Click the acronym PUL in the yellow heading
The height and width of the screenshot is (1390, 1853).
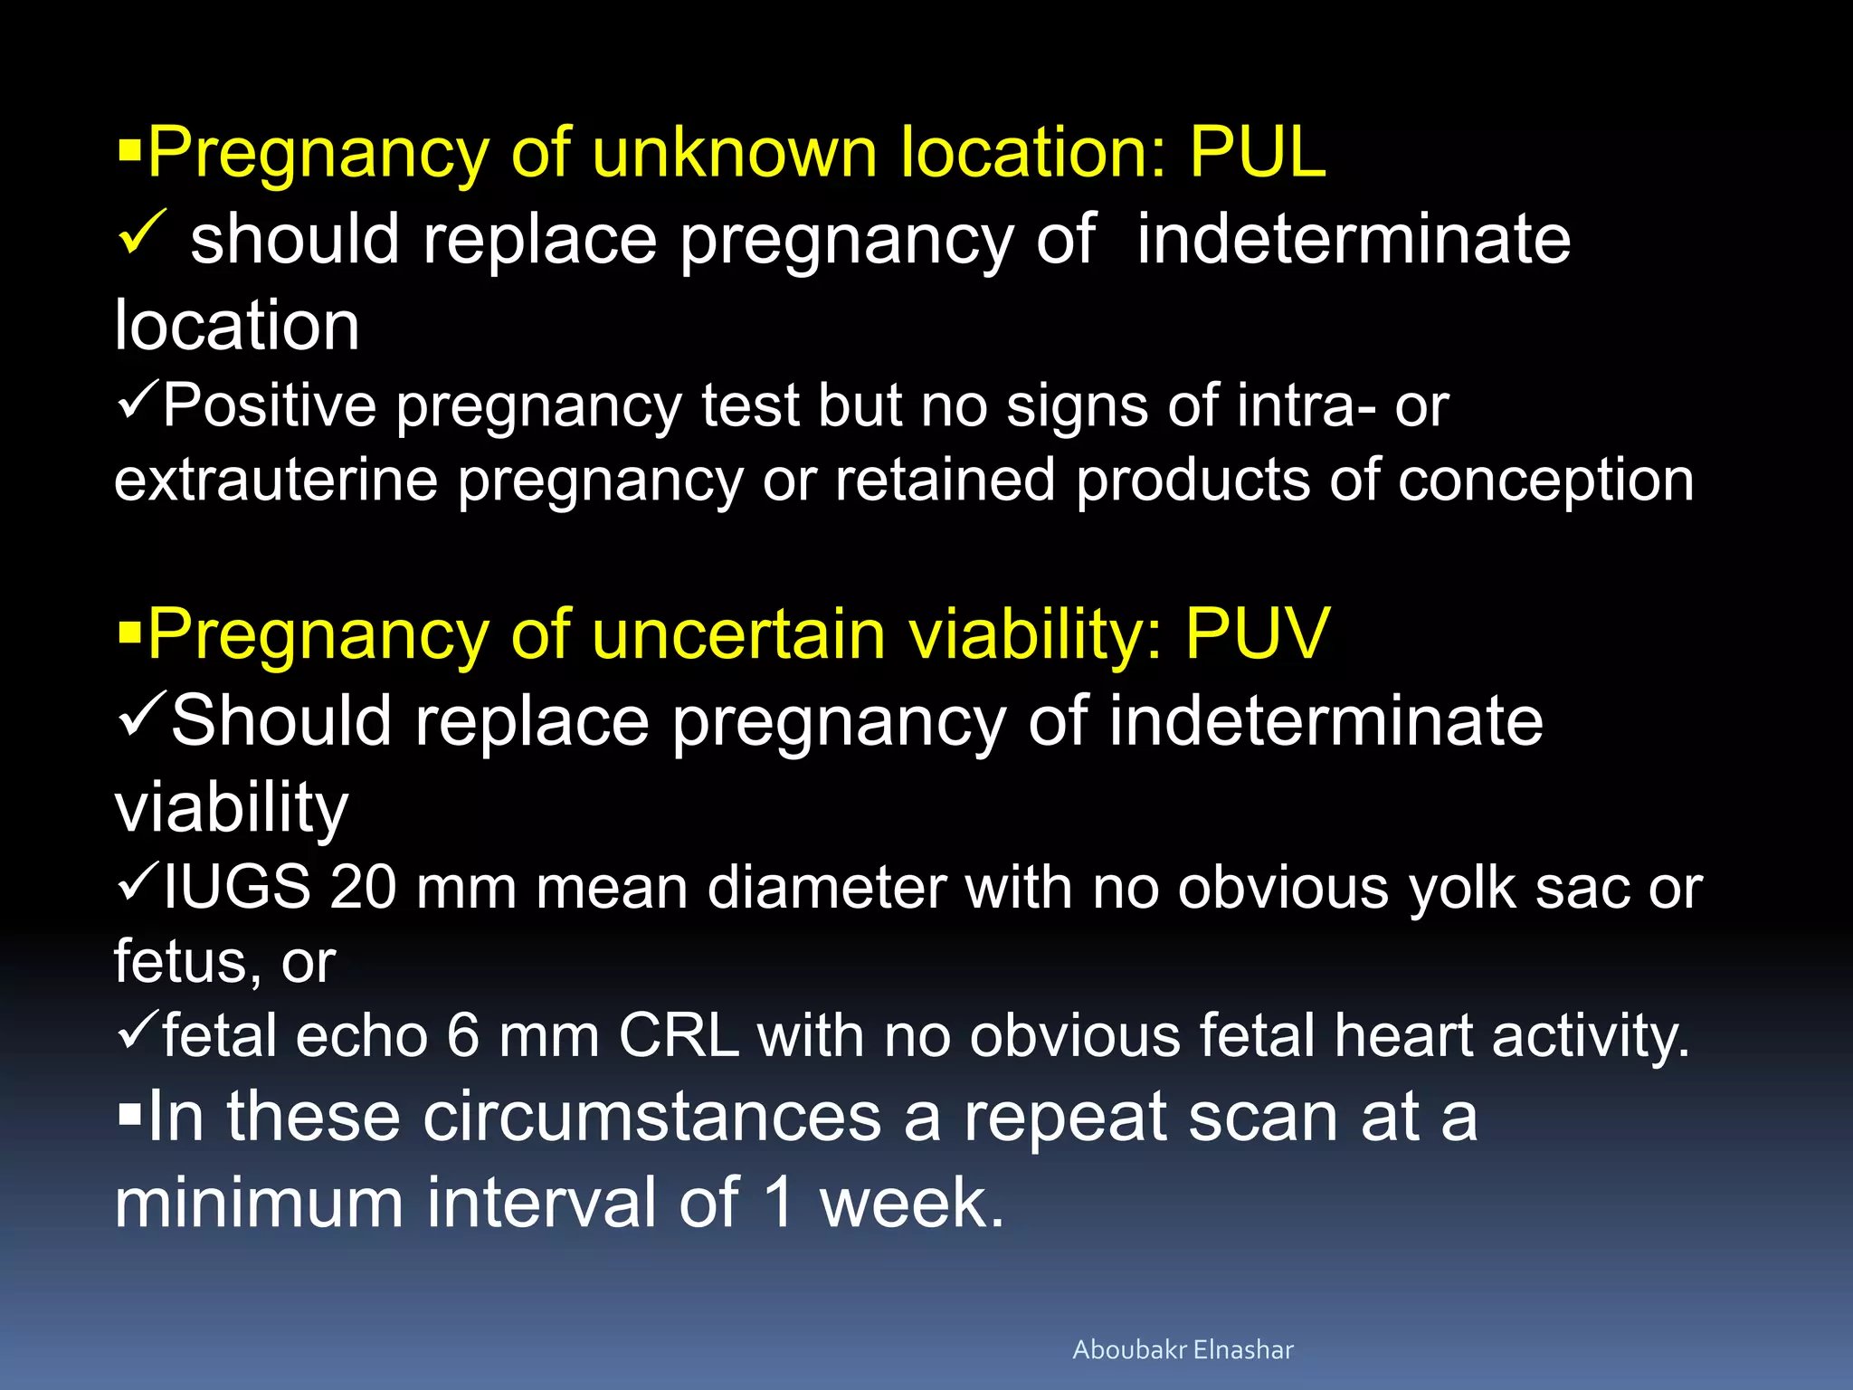click(1257, 152)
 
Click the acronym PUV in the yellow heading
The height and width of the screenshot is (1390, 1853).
click(1257, 633)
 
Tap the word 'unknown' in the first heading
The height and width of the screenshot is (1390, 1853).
click(734, 152)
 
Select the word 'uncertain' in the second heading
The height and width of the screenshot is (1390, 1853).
click(737, 633)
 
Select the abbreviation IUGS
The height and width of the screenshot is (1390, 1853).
click(237, 887)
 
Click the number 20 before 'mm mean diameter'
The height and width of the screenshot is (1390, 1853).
click(363, 887)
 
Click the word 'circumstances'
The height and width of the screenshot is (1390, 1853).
click(652, 1118)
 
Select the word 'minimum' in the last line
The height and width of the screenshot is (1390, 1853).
click(259, 1204)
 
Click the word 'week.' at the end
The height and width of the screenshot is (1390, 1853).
click(911, 1204)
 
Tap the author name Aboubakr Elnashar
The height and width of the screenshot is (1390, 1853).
click(1183, 1349)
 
